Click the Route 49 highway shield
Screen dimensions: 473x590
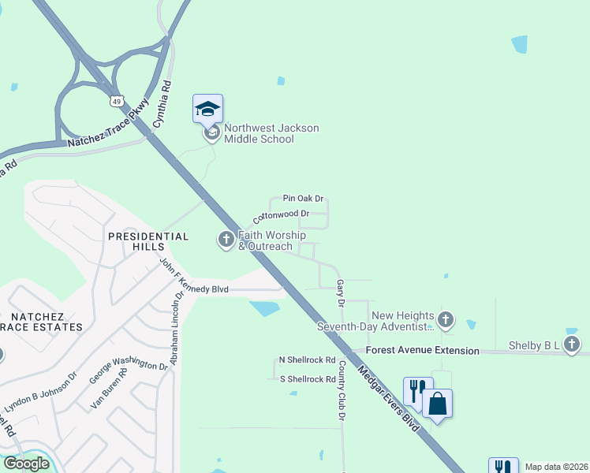(x=117, y=102)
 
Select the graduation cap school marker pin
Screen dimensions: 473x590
(x=207, y=109)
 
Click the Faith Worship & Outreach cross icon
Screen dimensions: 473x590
(x=226, y=239)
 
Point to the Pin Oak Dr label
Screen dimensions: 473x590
(x=304, y=199)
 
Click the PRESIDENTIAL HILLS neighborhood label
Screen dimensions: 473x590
(x=148, y=241)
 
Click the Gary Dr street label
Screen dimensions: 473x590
(x=341, y=292)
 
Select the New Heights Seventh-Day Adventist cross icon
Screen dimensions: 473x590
(x=446, y=319)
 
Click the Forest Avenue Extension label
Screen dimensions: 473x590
(x=427, y=351)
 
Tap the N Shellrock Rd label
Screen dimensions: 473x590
(x=308, y=360)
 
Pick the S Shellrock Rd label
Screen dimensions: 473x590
(x=308, y=379)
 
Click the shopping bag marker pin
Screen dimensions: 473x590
(x=437, y=404)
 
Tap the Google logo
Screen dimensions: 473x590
(x=26, y=464)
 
